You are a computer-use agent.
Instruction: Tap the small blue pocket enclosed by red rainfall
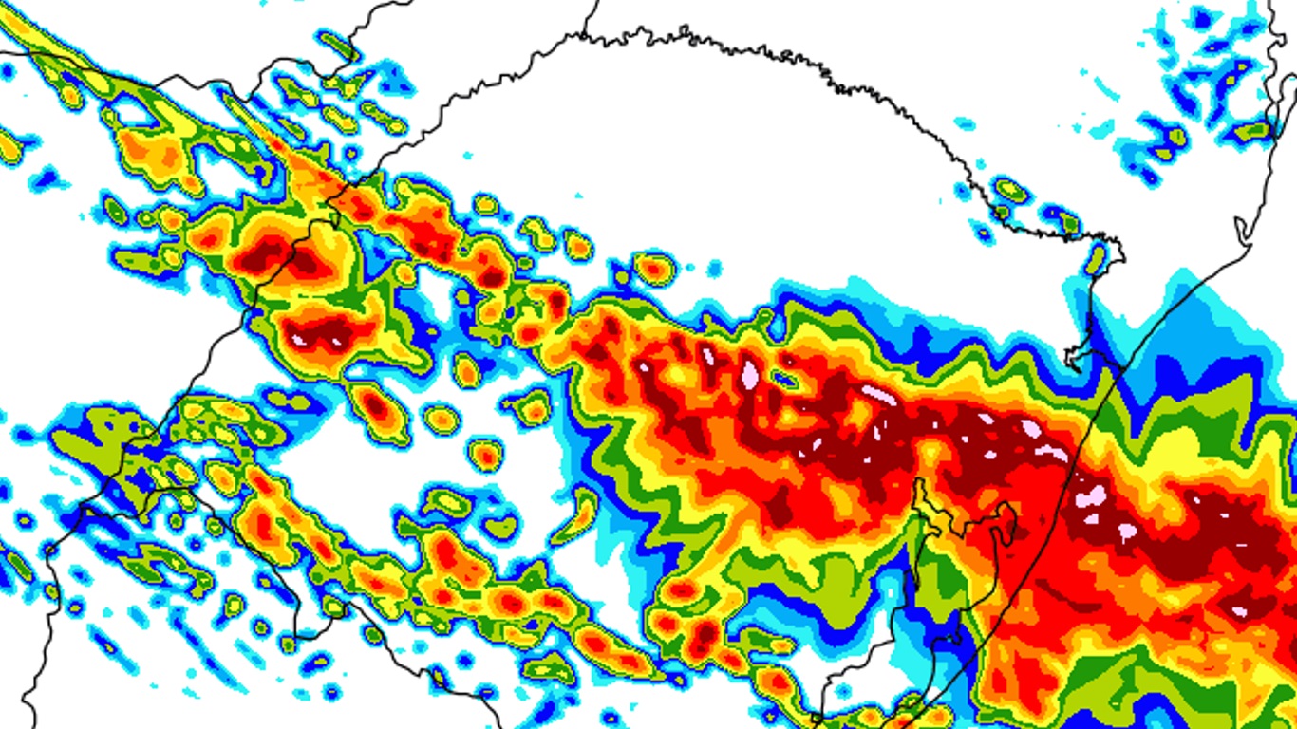click(784, 380)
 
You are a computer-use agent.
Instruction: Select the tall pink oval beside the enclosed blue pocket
click(750, 373)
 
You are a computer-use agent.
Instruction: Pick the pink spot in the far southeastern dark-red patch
click(1237, 612)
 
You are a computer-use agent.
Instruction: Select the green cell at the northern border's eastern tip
click(1096, 258)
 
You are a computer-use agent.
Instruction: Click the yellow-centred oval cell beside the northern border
click(1010, 191)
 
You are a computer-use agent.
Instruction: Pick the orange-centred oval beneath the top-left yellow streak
click(153, 152)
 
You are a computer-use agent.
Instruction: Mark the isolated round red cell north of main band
click(654, 269)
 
